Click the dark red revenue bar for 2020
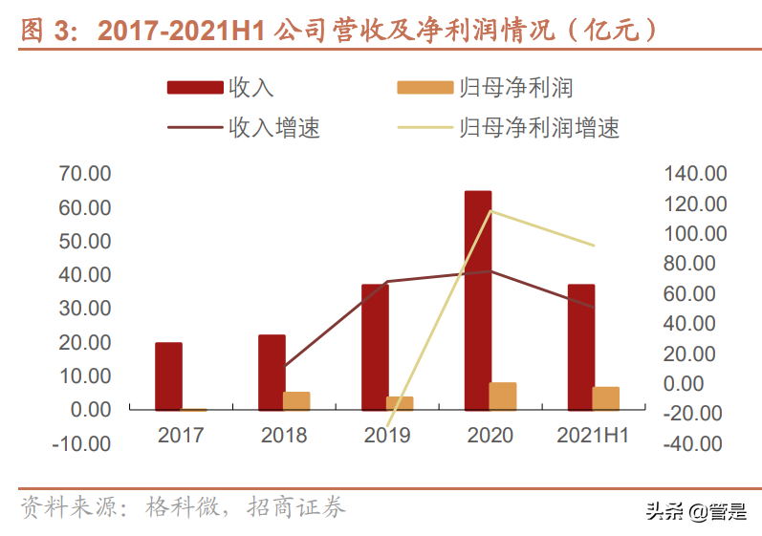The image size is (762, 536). point(478,300)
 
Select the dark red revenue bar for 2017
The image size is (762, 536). point(168,375)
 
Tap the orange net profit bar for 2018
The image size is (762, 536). point(296,400)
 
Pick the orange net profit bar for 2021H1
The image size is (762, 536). point(606,398)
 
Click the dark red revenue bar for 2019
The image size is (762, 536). point(375,347)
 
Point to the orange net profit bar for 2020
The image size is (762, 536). point(503,396)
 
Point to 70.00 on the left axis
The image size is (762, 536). point(85,174)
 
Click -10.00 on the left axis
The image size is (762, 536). point(83,443)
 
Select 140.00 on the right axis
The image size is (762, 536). point(696,174)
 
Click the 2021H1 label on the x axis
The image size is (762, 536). point(593,436)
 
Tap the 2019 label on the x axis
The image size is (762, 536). point(387,436)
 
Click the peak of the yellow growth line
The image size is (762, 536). point(490,210)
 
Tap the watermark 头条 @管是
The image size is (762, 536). point(697,511)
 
